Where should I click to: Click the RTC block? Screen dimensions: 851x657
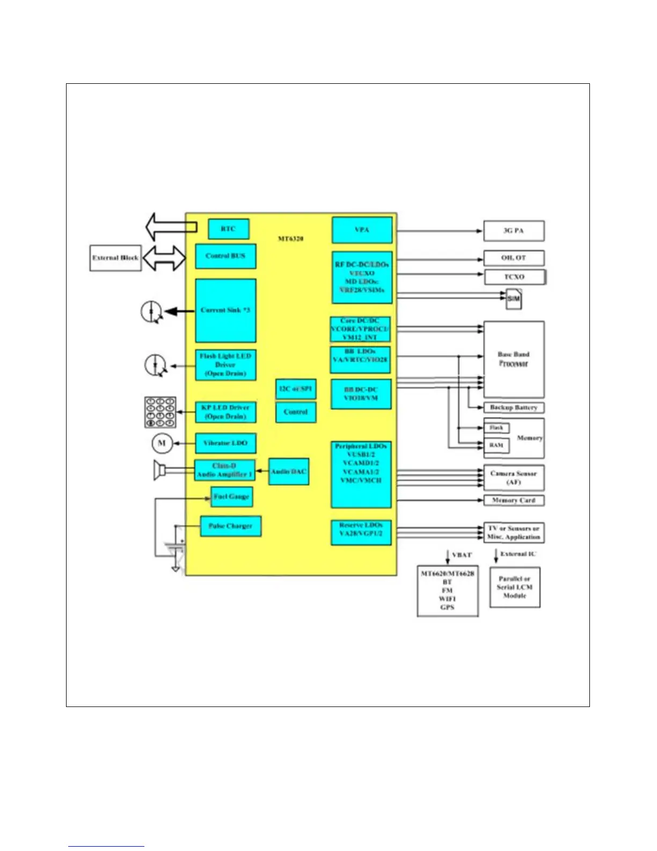[x=229, y=229]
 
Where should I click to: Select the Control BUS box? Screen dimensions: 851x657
[x=225, y=256]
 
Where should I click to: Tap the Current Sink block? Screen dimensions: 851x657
[x=225, y=310]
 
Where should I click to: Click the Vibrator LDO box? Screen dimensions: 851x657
[x=225, y=443]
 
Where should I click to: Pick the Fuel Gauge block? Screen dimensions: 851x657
[x=231, y=496]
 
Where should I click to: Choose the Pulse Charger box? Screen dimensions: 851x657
[x=231, y=526]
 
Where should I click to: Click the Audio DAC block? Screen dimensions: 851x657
[x=289, y=472]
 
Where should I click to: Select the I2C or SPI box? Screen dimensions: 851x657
[x=296, y=389]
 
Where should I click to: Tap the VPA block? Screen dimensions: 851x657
[x=362, y=230]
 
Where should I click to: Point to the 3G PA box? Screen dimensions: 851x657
[x=514, y=230]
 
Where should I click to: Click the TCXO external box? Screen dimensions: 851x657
[x=514, y=277]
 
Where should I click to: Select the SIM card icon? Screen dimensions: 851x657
[x=514, y=299]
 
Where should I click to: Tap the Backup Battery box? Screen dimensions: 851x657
[x=514, y=407]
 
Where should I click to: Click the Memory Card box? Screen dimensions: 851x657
[x=514, y=500]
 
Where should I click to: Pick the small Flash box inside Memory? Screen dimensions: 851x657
[x=497, y=428]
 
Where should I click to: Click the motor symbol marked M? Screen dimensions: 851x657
[x=162, y=443]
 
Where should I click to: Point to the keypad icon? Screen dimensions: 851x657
[x=160, y=412]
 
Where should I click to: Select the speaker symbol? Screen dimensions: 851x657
[x=159, y=470]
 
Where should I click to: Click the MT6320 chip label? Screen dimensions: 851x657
[x=290, y=239]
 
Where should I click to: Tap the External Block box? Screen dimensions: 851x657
[x=115, y=258]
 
